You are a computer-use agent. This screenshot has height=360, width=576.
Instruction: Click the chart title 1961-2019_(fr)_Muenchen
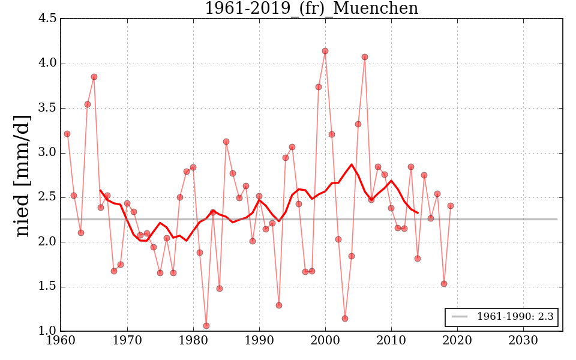[311, 8]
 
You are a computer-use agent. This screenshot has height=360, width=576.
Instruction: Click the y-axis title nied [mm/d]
[22, 175]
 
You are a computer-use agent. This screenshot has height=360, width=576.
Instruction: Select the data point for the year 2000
[325, 51]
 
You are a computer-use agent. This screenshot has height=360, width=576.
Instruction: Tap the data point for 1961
[67, 134]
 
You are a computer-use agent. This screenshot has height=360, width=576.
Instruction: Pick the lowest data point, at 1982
[206, 326]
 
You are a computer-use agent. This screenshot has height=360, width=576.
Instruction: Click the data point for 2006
[365, 57]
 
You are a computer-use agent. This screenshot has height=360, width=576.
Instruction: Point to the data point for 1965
[94, 77]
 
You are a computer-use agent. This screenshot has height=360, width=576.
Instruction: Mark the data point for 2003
[345, 319]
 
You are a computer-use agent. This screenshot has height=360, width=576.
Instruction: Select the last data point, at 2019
[451, 206]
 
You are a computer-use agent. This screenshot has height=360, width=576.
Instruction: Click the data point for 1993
[279, 305]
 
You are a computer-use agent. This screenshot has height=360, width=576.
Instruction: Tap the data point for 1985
[226, 142]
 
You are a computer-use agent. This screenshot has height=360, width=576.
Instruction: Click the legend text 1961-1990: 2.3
[515, 317]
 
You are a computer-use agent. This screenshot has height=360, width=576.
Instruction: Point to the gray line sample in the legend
[460, 317]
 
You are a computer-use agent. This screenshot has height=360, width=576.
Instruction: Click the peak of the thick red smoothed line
[352, 164]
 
